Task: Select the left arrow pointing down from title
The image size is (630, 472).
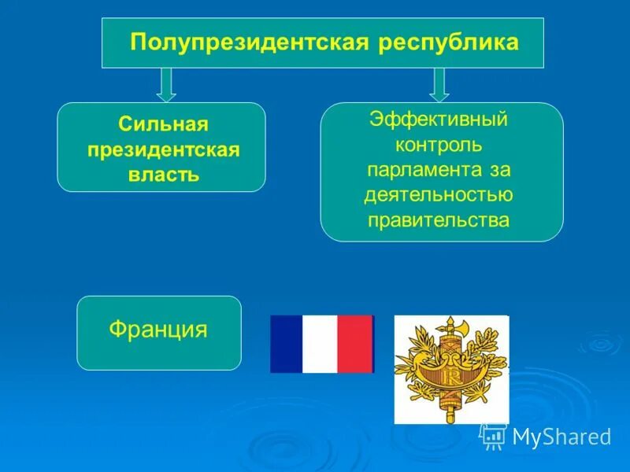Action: point(166,84)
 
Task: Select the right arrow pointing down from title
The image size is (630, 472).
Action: point(439,84)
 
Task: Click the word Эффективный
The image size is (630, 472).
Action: point(439,122)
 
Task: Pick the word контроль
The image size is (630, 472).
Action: point(439,146)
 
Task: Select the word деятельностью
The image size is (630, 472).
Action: point(440,195)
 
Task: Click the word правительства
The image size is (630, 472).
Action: point(439,219)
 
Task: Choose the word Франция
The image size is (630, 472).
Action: point(158,329)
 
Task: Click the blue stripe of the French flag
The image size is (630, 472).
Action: point(286,344)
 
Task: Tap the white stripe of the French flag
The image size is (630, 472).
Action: point(320,344)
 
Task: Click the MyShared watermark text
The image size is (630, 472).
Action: point(561,437)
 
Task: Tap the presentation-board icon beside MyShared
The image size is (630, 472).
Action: point(494,436)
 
